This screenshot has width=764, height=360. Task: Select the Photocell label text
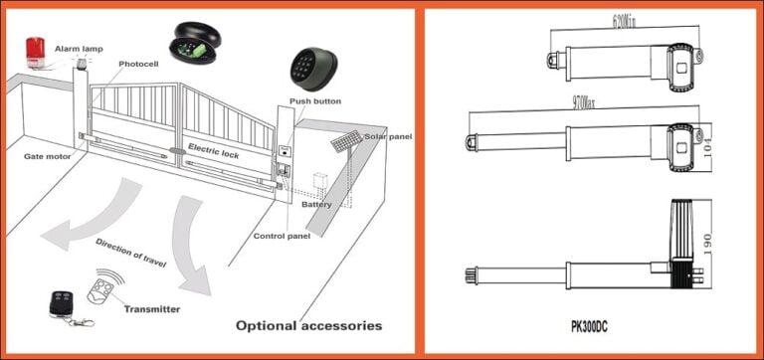click(x=138, y=65)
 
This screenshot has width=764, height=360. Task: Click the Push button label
click(x=315, y=101)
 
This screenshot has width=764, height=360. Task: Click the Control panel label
click(x=284, y=236)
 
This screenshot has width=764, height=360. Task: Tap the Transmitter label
click(x=151, y=308)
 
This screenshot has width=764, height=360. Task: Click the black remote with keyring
click(x=63, y=304)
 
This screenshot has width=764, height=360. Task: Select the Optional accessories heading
click(x=308, y=325)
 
